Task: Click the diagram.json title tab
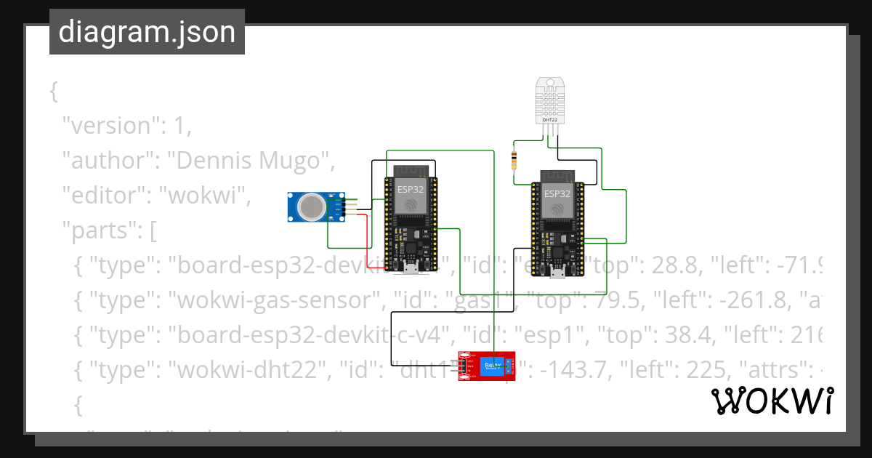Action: point(147,33)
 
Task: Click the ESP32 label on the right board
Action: point(557,194)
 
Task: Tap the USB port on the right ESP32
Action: point(557,273)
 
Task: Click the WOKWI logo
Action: point(772,401)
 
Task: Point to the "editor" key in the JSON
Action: point(94,196)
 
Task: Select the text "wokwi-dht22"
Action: point(247,371)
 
